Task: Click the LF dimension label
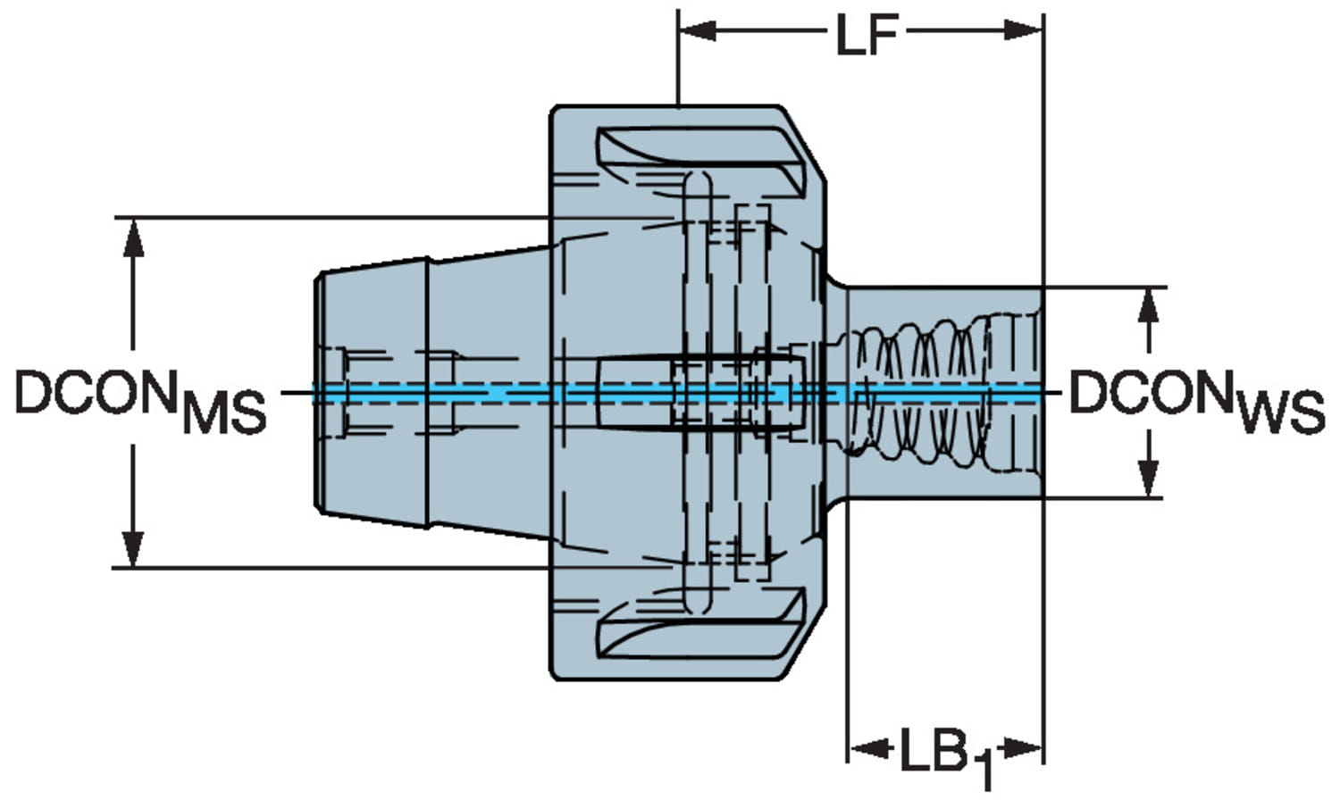click(x=865, y=36)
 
